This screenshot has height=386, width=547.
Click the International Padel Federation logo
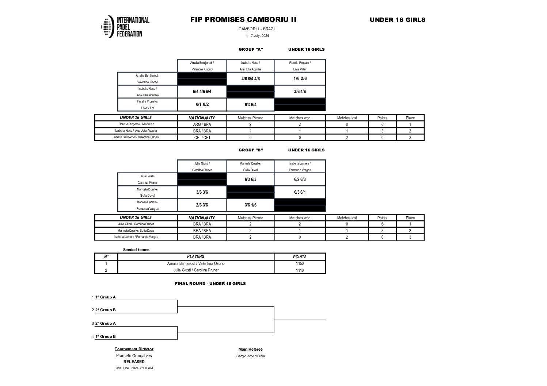(x=125, y=27)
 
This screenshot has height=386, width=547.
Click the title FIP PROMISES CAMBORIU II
(x=243, y=20)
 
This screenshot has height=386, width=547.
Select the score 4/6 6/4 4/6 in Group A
(x=250, y=79)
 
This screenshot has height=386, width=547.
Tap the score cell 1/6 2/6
(x=300, y=79)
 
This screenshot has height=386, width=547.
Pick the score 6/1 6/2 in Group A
(x=202, y=104)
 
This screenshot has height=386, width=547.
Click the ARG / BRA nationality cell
(x=202, y=124)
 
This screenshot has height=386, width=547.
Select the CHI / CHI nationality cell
(x=202, y=138)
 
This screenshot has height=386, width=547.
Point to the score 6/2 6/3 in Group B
(x=300, y=179)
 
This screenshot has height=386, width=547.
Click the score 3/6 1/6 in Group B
(x=250, y=205)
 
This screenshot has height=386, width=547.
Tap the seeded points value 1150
(x=300, y=263)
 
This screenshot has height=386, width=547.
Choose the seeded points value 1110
(x=300, y=270)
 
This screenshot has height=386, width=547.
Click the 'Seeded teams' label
(x=136, y=250)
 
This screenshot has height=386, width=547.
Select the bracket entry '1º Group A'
(x=105, y=297)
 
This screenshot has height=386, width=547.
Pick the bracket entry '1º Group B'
(x=105, y=336)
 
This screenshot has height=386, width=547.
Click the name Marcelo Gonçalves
(x=134, y=356)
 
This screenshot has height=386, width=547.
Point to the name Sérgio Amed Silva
(x=250, y=356)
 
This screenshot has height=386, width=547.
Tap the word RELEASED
(x=134, y=362)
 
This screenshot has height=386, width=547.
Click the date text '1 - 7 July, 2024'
(x=257, y=36)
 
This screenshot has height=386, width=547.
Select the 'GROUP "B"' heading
(x=251, y=150)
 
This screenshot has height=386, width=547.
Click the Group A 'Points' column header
(x=382, y=118)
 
